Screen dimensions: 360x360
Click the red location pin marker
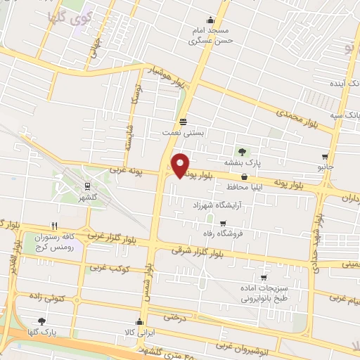(x=181, y=165)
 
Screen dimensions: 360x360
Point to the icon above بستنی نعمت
(x=183, y=121)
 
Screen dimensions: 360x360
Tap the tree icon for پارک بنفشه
(x=243, y=151)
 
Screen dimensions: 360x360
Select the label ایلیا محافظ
(x=243, y=188)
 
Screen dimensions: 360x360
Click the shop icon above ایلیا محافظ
(x=244, y=177)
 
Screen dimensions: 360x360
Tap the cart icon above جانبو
(x=324, y=157)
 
